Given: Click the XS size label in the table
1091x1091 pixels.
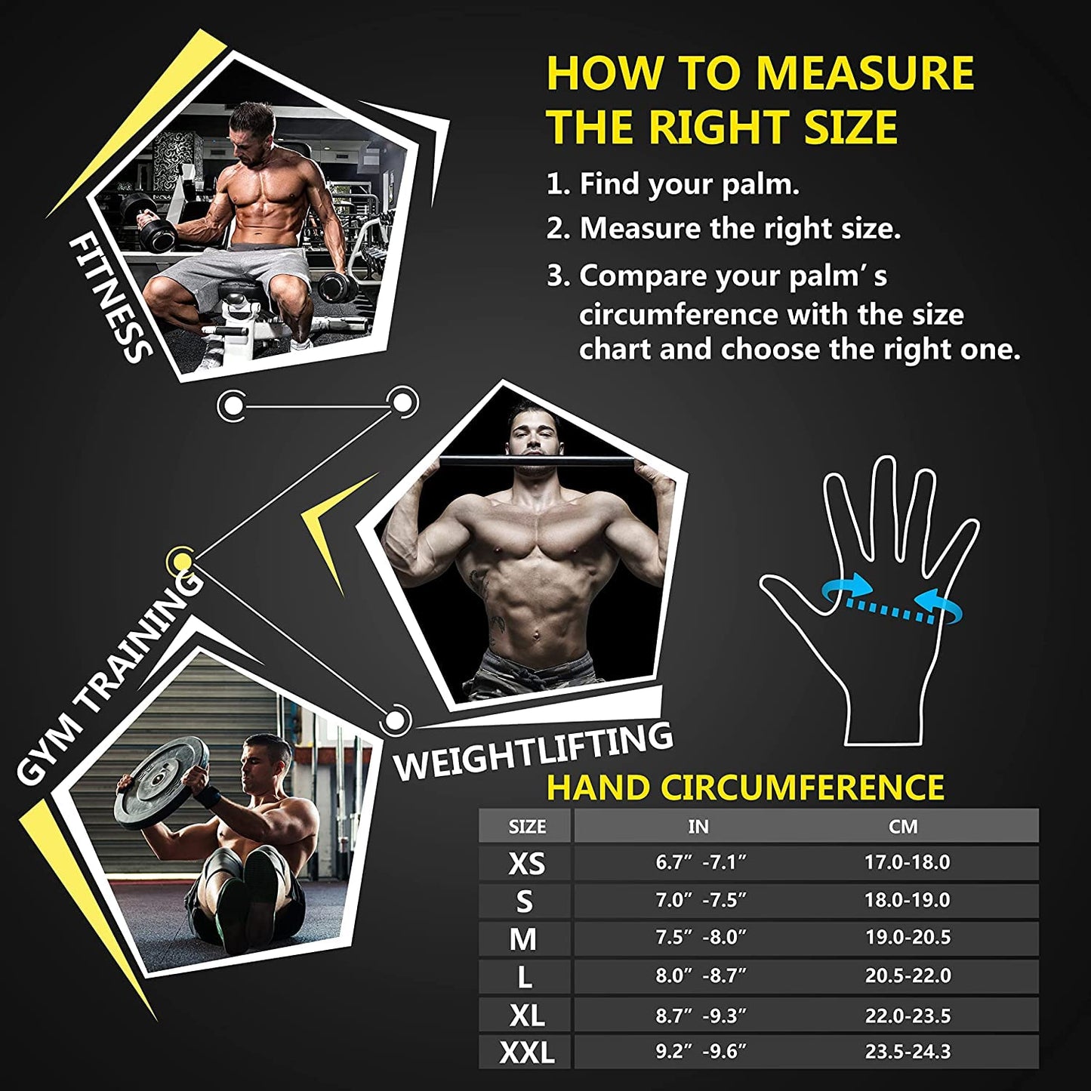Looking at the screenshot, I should [526, 863].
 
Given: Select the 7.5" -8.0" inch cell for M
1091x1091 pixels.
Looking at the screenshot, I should [700, 937].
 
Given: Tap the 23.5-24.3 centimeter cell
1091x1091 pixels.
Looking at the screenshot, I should [908, 1051].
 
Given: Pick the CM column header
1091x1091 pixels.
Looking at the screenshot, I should [903, 827].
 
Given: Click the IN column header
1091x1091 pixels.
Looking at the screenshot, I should [698, 827].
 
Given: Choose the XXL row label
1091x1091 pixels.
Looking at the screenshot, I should [526, 1052].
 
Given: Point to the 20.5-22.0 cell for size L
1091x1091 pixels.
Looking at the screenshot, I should [908, 975].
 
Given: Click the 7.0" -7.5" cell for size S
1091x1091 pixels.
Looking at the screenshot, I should [700, 900].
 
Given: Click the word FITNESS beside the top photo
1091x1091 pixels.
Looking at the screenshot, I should [110, 298].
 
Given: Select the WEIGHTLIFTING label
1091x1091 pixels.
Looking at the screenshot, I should [533, 751].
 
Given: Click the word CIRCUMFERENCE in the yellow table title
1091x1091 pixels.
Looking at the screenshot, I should [802, 787].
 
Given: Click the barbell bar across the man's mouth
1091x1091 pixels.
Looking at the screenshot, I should [529, 461].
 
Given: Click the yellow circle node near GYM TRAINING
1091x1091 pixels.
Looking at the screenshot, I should [181, 560].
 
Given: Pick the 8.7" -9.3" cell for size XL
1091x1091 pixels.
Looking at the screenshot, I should [700, 1015].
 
